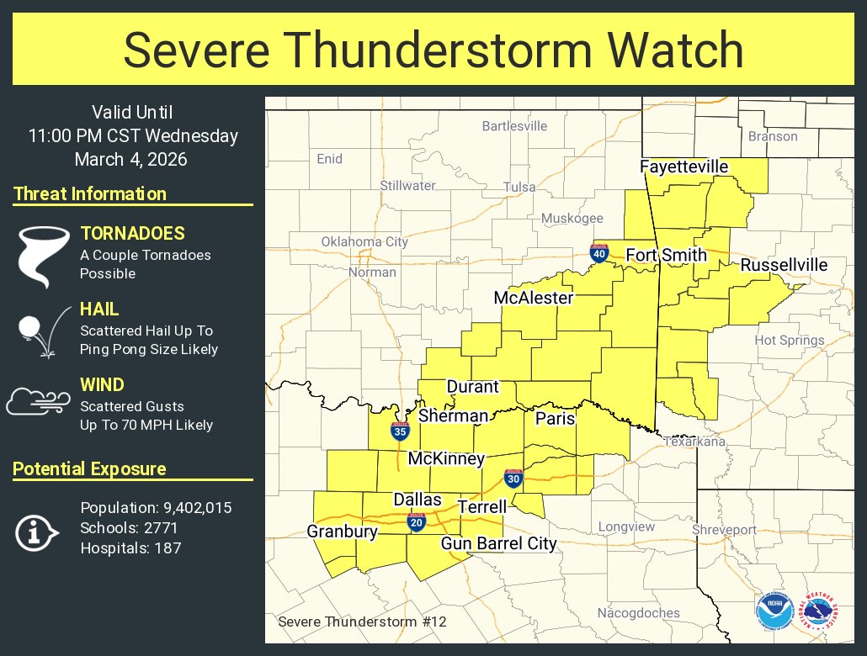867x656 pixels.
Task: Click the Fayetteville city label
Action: pyautogui.click(x=683, y=167)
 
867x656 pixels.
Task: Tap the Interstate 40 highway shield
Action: pyautogui.click(x=598, y=252)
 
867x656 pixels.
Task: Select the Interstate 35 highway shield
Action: pyautogui.click(x=400, y=432)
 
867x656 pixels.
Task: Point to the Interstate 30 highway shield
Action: pyautogui.click(x=513, y=477)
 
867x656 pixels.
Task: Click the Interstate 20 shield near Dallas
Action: pyautogui.click(x=416, y=522)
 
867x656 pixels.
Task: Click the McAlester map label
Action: pyautogui.click(x=533, y=298)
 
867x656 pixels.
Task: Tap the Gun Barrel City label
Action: pyautogui.click(x=498, y=543)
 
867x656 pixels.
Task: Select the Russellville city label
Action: pyautogui.click(x=784, y=265)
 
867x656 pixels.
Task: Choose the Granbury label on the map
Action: pyautogui.click(x=342, y=532)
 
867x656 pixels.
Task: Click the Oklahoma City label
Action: pyautogui.click(x=364, y=242)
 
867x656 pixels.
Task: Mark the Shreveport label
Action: pyautogui.click(x=724, y=530)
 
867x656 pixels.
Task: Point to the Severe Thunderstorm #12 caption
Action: pyautogui.click(x=362, y=622)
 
